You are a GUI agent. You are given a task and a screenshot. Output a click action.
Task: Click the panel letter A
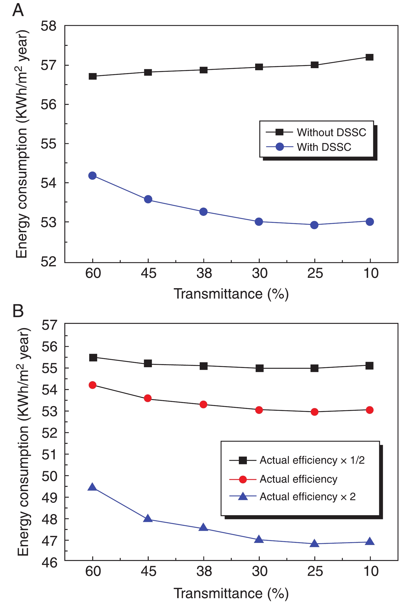click(x=18, y=10)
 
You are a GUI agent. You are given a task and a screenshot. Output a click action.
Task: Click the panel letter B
click(x=18, y=311)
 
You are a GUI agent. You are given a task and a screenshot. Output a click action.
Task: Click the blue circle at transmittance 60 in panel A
click(x=92, y=176)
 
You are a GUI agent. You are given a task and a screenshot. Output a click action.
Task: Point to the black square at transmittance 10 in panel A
click(x=370, y=57)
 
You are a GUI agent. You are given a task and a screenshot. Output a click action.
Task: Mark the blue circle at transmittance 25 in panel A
click(x=314, y=225)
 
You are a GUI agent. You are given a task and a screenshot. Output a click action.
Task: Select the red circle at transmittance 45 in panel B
click(x=148, y=398)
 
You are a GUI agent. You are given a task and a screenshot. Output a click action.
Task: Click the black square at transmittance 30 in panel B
click(x=259, y=368)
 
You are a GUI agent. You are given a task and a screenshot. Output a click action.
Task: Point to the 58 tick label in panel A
click(x=49, y=26)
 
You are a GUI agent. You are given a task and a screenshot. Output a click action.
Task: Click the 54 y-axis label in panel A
click(x=49, y=183)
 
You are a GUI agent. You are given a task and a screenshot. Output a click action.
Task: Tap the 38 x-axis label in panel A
click(x=204, y=273)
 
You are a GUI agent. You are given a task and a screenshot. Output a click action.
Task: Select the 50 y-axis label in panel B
click(x=49, y=476)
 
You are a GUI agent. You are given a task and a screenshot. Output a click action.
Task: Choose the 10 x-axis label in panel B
click(x=371, y=571)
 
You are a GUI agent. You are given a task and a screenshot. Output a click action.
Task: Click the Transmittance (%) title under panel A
click(x=231, y=294)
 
